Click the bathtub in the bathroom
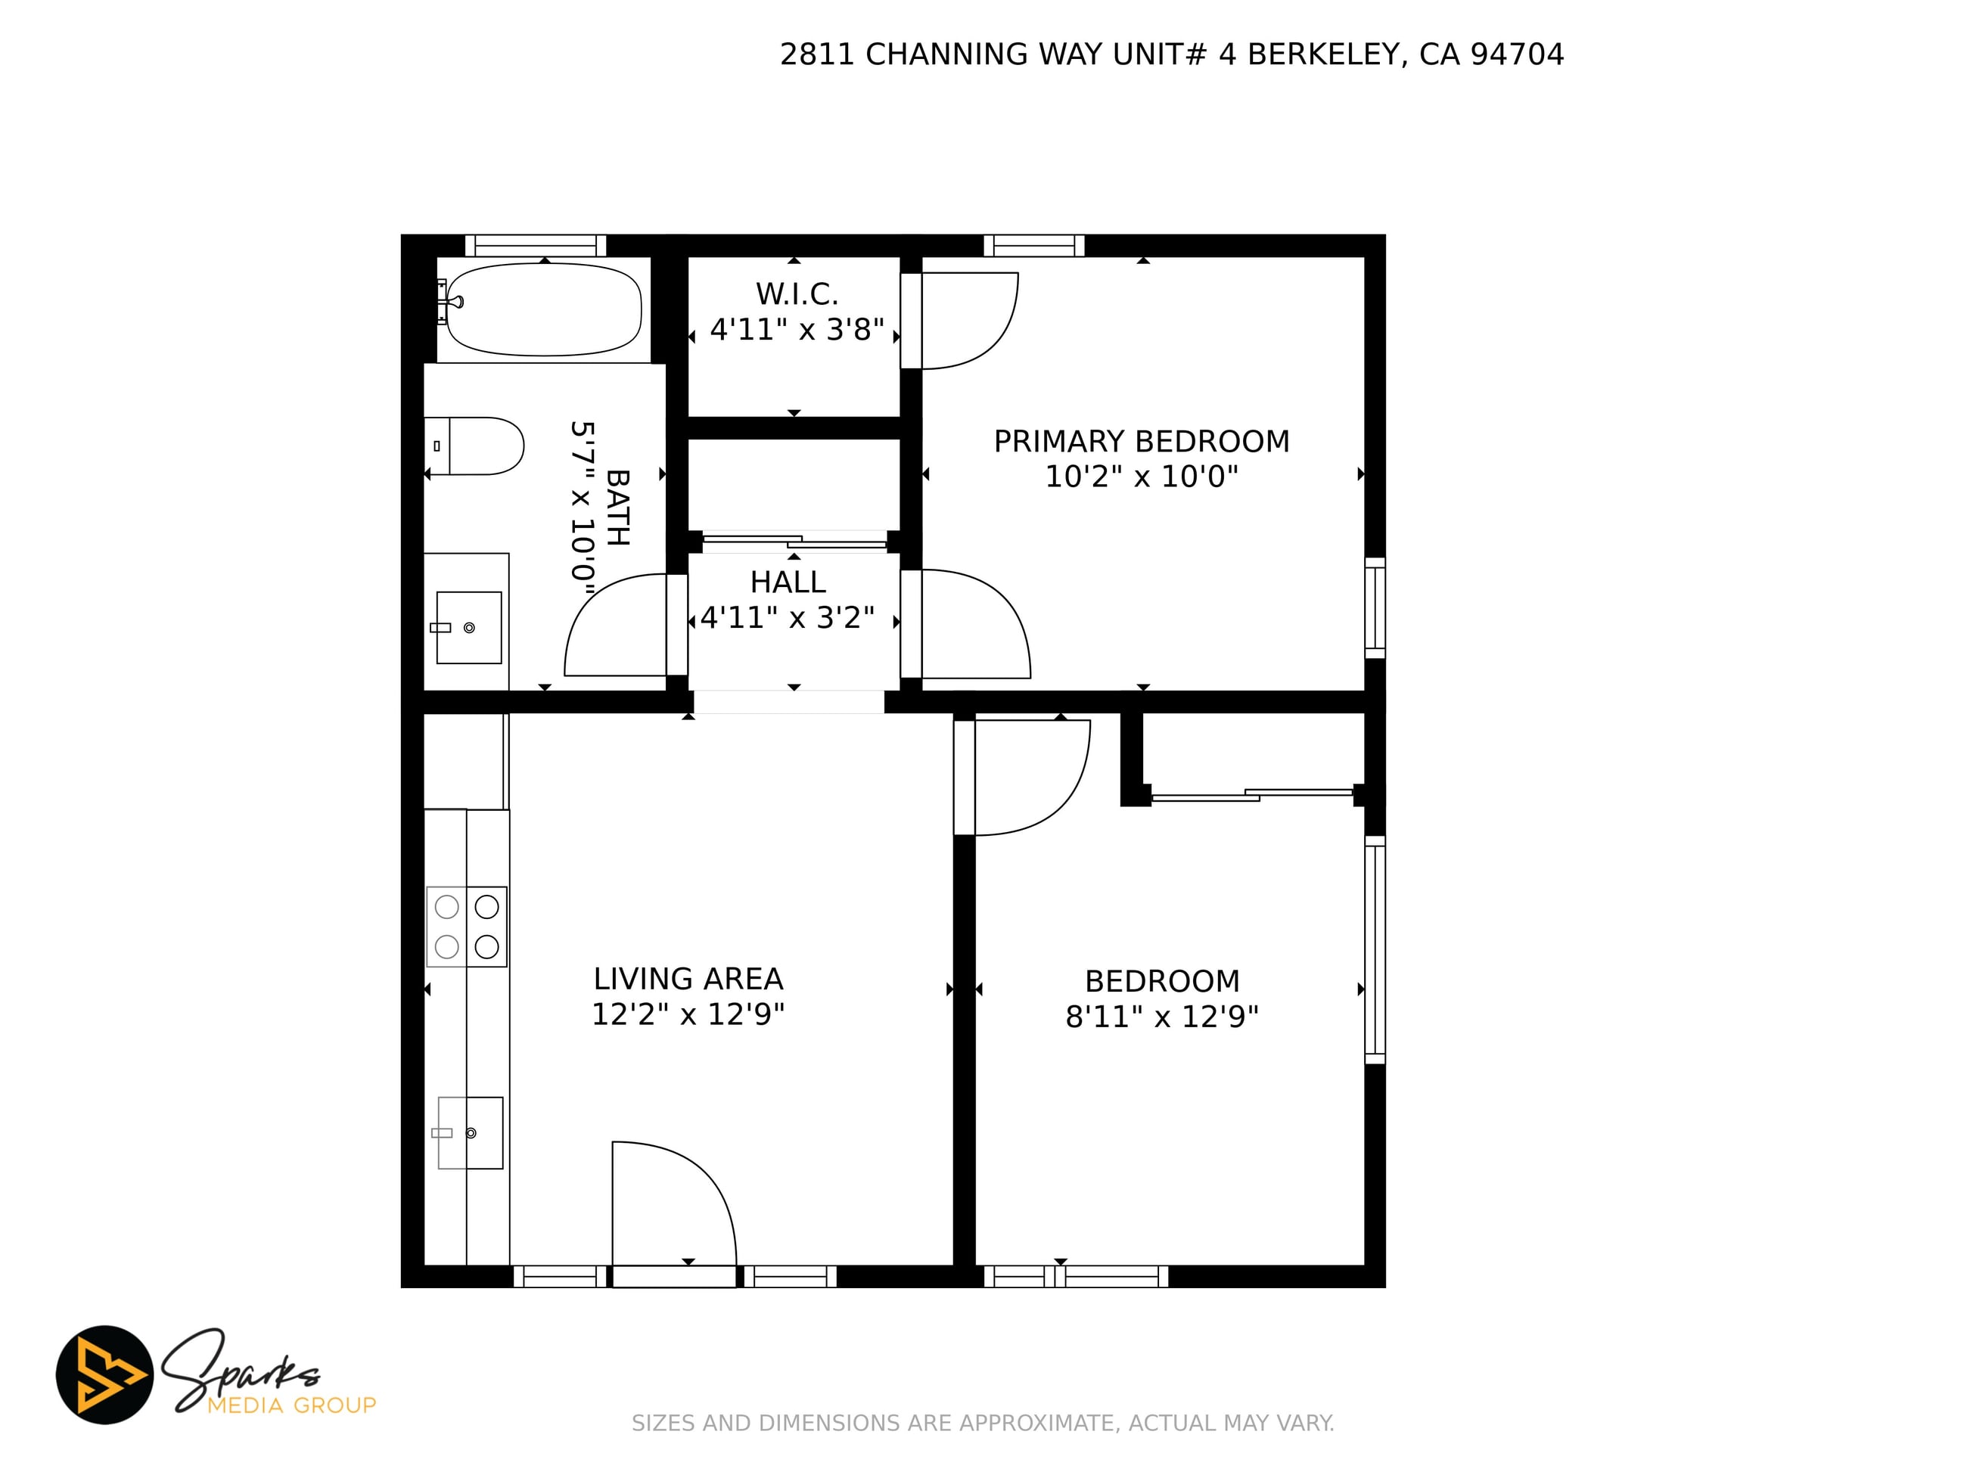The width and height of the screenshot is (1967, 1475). (x=543, y=309)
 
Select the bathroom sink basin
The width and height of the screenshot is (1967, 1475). (x=468, y=627)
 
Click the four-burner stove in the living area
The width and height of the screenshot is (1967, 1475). (x=467, y=927)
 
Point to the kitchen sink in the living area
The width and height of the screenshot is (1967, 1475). (x=470, y=1132)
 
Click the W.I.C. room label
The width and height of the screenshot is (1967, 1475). (x=797, y=293)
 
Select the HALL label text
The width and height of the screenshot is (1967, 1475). (x=788, y=582)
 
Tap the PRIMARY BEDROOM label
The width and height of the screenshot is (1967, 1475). (x=1142, y=441)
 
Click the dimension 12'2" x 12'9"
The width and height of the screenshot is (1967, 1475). (x=688, y=1014)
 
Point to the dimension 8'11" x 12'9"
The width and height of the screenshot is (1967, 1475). (x=1162, y=1016)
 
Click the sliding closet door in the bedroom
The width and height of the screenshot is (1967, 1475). (x=1252, y=795)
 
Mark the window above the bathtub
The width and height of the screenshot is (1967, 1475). (x=536, y=245)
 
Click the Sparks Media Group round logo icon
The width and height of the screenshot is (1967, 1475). (x=105, y=1374)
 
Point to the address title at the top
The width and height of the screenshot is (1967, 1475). (x=1172, y=54)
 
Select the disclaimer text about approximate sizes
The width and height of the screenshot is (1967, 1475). (x=983, y=1424)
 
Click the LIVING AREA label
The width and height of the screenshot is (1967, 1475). (x=688, y=979)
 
